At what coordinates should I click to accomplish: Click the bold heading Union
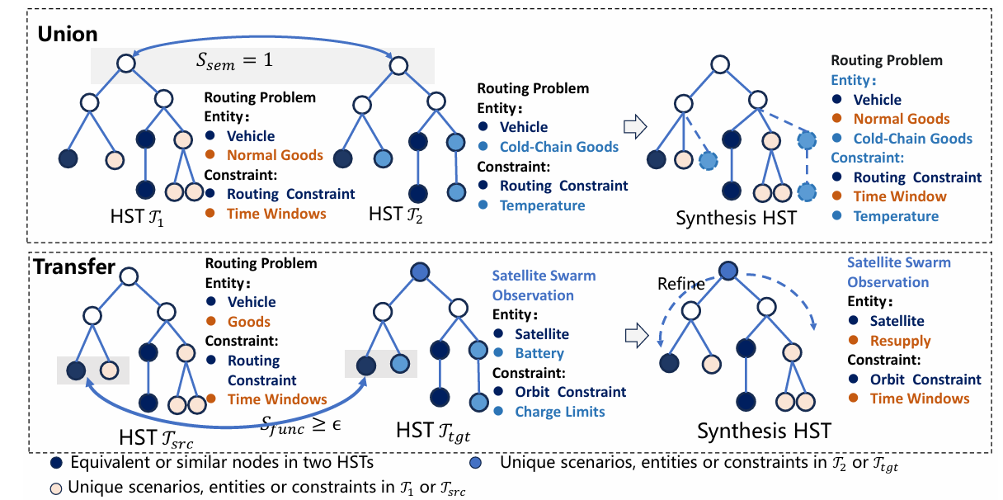[x=66, y=34]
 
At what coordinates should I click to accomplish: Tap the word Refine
[x=680, y=283]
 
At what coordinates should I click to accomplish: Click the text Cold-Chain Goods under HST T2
[x=559, y=147]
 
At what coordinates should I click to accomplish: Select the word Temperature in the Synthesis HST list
[x=896, y=216]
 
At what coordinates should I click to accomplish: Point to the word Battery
[x=539, y=353]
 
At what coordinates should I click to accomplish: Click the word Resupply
[x=900, y=340]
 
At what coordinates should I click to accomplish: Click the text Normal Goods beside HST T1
[x=275, y=154]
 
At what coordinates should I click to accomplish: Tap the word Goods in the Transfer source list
[x=248, y=322]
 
